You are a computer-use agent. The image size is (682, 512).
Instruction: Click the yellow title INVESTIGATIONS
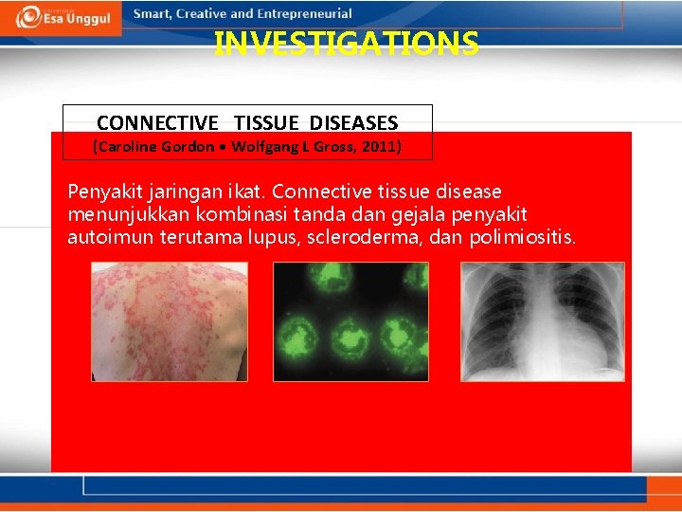(x=346, y=45)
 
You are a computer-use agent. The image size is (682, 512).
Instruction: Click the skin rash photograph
(x=169, y=321)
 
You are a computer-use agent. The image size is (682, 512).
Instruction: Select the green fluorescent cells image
(x=350, y=321)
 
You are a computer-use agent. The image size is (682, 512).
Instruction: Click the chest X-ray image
(x=542, y=321)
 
